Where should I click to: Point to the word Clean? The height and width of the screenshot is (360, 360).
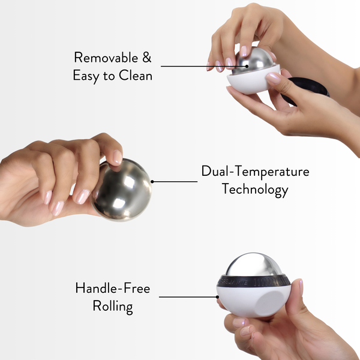[x=136, y=76]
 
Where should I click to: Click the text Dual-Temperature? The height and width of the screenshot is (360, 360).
[x=255, y=172]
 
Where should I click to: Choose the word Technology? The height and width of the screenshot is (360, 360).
[x=255, y=190]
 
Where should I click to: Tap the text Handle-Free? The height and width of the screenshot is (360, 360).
[x=112, y=288]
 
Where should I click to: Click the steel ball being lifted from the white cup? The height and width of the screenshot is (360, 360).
[x=253, y=61]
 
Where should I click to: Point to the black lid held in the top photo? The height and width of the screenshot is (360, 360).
[x=309, y=90]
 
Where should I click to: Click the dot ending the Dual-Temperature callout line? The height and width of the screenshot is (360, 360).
[x=152, y=181]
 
